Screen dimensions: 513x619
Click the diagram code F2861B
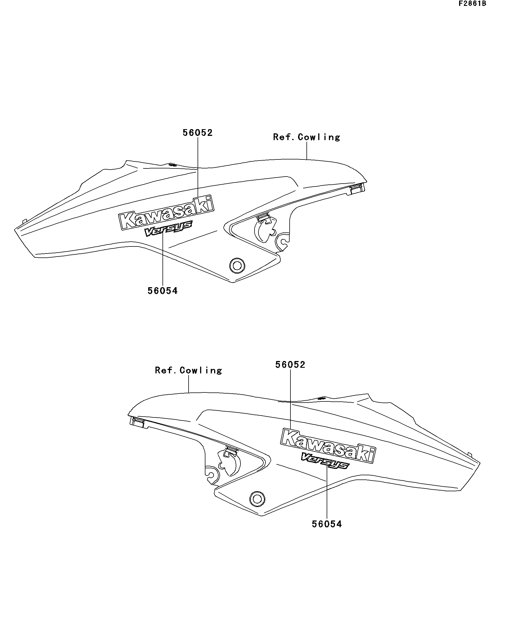(x=472, y=4)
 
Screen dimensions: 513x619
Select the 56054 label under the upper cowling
(x=163, y=291)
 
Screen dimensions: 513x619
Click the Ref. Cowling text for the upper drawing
(x=306, y=137)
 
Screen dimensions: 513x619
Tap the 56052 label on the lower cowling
(x=290, y=365)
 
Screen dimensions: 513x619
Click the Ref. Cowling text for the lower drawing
(x=188, y=370)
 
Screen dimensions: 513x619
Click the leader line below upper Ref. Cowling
(x=307, y=151)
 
